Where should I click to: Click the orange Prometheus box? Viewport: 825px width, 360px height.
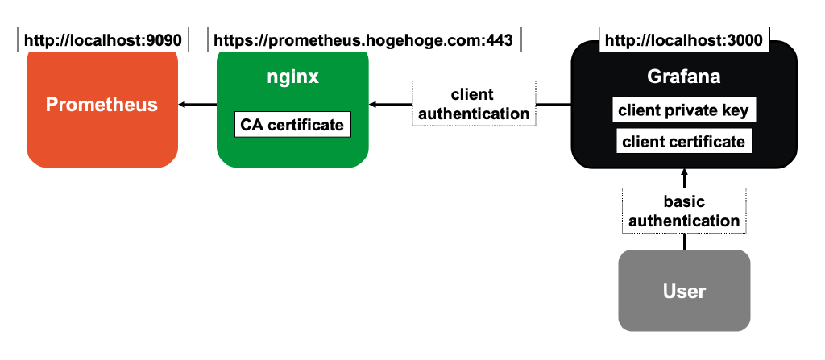tap(102, 106)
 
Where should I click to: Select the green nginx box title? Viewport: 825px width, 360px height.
tap(292, 77)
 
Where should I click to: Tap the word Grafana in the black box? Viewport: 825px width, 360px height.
tap(683, 78)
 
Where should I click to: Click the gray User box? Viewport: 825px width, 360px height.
tap(684, 291)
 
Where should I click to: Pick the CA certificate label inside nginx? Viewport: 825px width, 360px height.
tap(292, 125)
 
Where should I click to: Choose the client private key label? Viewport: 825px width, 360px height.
tap(684, 110)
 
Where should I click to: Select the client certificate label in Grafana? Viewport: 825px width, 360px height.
tap(684, 142)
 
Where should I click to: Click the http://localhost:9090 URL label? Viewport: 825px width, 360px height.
tap(102, 39)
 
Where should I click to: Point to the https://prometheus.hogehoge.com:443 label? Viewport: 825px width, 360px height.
tap(363, 39)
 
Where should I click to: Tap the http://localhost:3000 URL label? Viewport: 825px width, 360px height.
tap(683, 39)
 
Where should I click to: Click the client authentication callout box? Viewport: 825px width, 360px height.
tap(474, 104)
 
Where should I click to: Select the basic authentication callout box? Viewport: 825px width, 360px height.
tap(684, 211)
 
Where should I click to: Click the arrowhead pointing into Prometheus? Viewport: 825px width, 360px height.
tap(181, 105)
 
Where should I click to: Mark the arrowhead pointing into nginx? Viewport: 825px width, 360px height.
tap(372, 105)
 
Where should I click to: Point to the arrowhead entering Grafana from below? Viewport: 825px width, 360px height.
tap(684, 172)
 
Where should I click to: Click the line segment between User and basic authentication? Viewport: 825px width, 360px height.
tap(684, 242)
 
